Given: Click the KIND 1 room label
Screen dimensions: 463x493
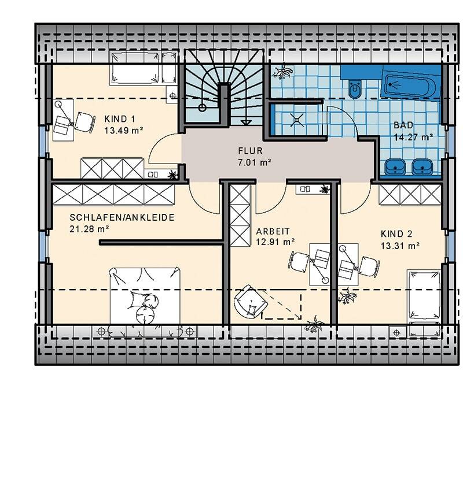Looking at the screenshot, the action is point(120,119).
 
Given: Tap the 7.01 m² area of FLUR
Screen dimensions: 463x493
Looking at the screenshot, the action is point(255,162).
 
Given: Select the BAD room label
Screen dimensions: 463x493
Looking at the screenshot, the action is point(403,125).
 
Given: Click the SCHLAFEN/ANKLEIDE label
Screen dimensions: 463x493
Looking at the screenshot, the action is point(122,217).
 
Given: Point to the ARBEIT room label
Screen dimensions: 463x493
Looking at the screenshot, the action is point(273,231).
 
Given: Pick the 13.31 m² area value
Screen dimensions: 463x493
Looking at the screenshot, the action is point(400,246).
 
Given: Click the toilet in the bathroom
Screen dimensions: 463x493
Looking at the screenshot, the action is point(355,88).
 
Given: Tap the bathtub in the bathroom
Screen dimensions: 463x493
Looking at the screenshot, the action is point(411,85).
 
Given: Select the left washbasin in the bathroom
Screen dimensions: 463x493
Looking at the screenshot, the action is point(395,166).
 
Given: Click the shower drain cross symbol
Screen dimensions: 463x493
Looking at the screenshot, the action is point(297,120).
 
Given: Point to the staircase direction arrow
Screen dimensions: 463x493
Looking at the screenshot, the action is point(245,123).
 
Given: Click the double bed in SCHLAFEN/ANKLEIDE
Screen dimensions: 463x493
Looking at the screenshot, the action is point(145,295).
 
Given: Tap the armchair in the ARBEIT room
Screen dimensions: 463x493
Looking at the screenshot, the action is point(251,302).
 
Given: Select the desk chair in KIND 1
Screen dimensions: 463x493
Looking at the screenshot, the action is point(84,122).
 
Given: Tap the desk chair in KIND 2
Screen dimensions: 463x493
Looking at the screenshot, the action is point(369,266).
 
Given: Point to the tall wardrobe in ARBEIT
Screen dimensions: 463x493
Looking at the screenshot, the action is point(240,216).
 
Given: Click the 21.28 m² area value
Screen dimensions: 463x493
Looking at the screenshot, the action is point(89,229).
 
